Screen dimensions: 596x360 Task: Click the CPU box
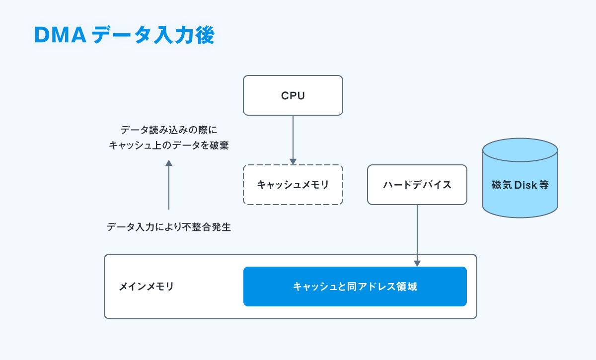coord(293,95)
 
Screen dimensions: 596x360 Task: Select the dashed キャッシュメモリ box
coord(293,185)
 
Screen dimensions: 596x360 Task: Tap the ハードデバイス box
coord(417,185)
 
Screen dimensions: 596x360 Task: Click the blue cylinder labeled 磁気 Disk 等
coord(520,178)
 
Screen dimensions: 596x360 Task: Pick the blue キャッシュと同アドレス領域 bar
coord(355,287)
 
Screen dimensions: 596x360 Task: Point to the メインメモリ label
coord(146,287)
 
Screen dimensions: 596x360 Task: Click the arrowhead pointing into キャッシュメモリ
coord(293,161)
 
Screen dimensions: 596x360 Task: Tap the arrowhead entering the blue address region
coord(417,263)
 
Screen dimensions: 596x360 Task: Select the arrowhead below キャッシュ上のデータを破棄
coord(169,163)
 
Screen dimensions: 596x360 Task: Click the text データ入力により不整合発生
coord(169,227)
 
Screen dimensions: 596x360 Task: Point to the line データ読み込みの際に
coord(169,130)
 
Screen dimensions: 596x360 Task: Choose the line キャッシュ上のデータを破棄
coord(169,145)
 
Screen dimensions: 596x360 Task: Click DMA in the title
coord(60,35)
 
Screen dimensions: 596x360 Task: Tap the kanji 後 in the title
coord(205,35)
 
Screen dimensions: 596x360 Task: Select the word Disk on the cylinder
coord(525,185)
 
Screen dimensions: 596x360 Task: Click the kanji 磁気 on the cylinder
coord(502,185)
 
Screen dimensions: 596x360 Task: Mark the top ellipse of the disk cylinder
coord(520,150)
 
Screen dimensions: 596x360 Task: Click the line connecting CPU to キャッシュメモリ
coord(293,137)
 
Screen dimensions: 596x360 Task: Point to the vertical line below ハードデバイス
coord(417,233)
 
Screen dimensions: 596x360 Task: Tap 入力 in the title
coord(174,35)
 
